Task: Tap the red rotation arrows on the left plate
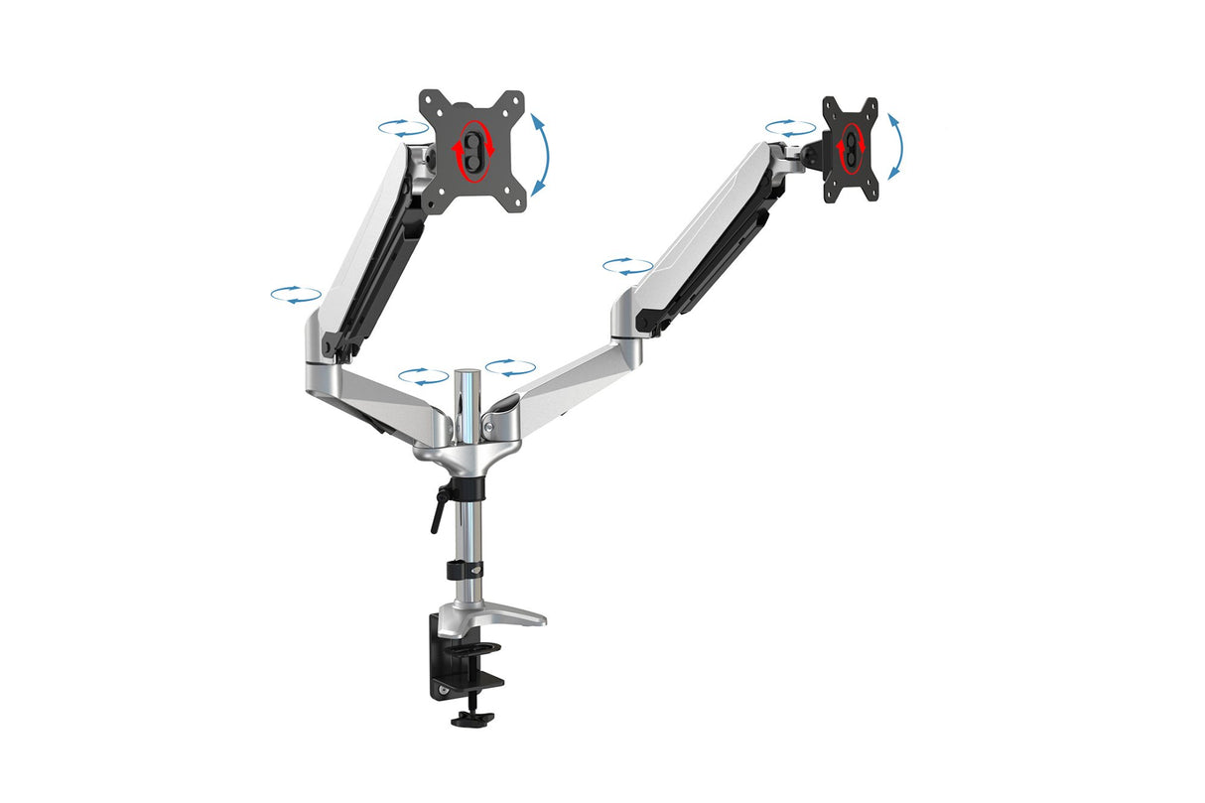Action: (473, 151)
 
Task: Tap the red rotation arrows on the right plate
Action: (850, 146)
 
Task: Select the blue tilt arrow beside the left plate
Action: (540, 154)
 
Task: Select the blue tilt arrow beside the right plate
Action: (895, 146)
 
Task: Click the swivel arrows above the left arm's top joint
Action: (403, 128)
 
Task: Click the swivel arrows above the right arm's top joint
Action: (790, 128)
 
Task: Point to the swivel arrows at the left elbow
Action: (296, 294)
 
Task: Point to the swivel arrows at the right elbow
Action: (627, 266)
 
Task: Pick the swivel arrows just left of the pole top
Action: (424, 376)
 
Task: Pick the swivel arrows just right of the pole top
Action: (510, 367)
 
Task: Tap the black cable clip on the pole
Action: (465, 571)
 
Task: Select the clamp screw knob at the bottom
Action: (472, 717)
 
